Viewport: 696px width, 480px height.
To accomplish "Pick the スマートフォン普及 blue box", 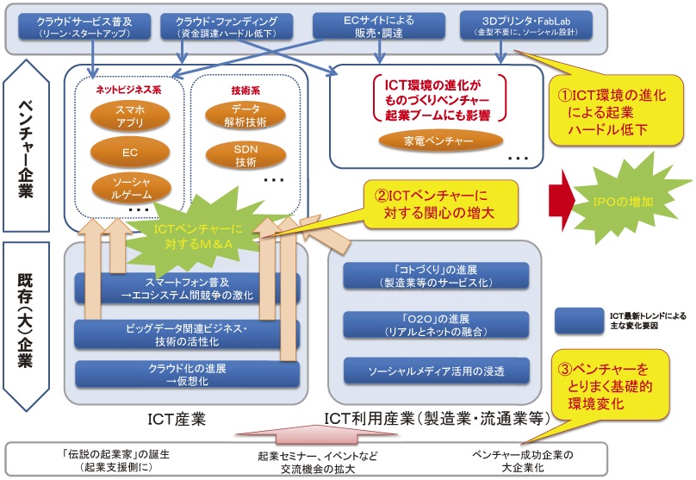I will (187, 287).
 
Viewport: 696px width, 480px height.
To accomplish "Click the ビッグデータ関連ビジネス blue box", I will (187, 334).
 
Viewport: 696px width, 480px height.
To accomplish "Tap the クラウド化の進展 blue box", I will (187, 374).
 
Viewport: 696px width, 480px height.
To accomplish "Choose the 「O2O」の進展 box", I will (435, 324).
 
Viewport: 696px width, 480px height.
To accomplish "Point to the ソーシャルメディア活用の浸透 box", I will (435, 371).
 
